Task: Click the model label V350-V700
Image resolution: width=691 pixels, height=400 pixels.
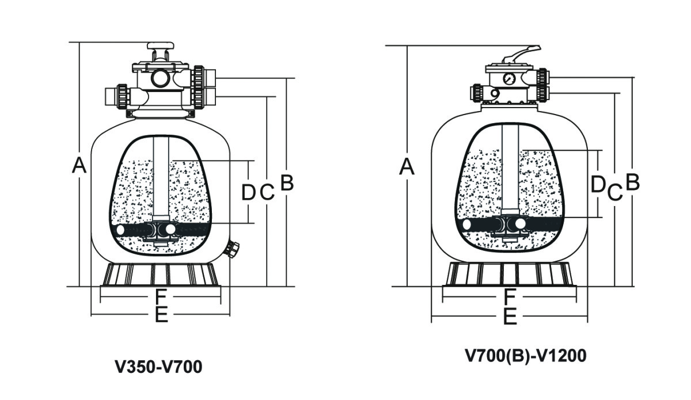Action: coord(159,366)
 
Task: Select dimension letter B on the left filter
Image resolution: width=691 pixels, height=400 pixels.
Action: coord(287,183)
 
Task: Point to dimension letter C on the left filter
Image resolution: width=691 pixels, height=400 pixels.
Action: coord(267,192)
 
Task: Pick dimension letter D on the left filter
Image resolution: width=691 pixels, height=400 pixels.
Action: coord(248,192)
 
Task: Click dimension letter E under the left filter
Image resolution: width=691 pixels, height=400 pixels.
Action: coord(161,314)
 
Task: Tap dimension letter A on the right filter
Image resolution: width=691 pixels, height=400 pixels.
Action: coord(407,166)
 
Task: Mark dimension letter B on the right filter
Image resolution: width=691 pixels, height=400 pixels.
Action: coord(632,182)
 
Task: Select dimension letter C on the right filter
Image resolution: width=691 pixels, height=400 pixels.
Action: coord(615,192)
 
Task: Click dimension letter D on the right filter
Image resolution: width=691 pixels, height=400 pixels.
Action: coord(598,184)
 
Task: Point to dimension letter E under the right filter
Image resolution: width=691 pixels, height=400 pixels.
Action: coord(509,317)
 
